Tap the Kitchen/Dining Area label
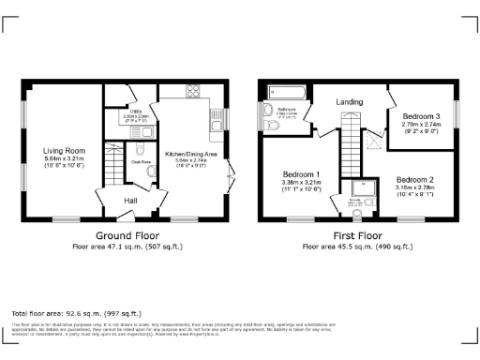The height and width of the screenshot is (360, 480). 190,153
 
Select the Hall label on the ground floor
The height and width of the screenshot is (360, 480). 132,200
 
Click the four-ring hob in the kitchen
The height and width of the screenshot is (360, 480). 195,91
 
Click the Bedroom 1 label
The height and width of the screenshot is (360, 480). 302,174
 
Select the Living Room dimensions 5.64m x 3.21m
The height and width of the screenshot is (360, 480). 63,158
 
